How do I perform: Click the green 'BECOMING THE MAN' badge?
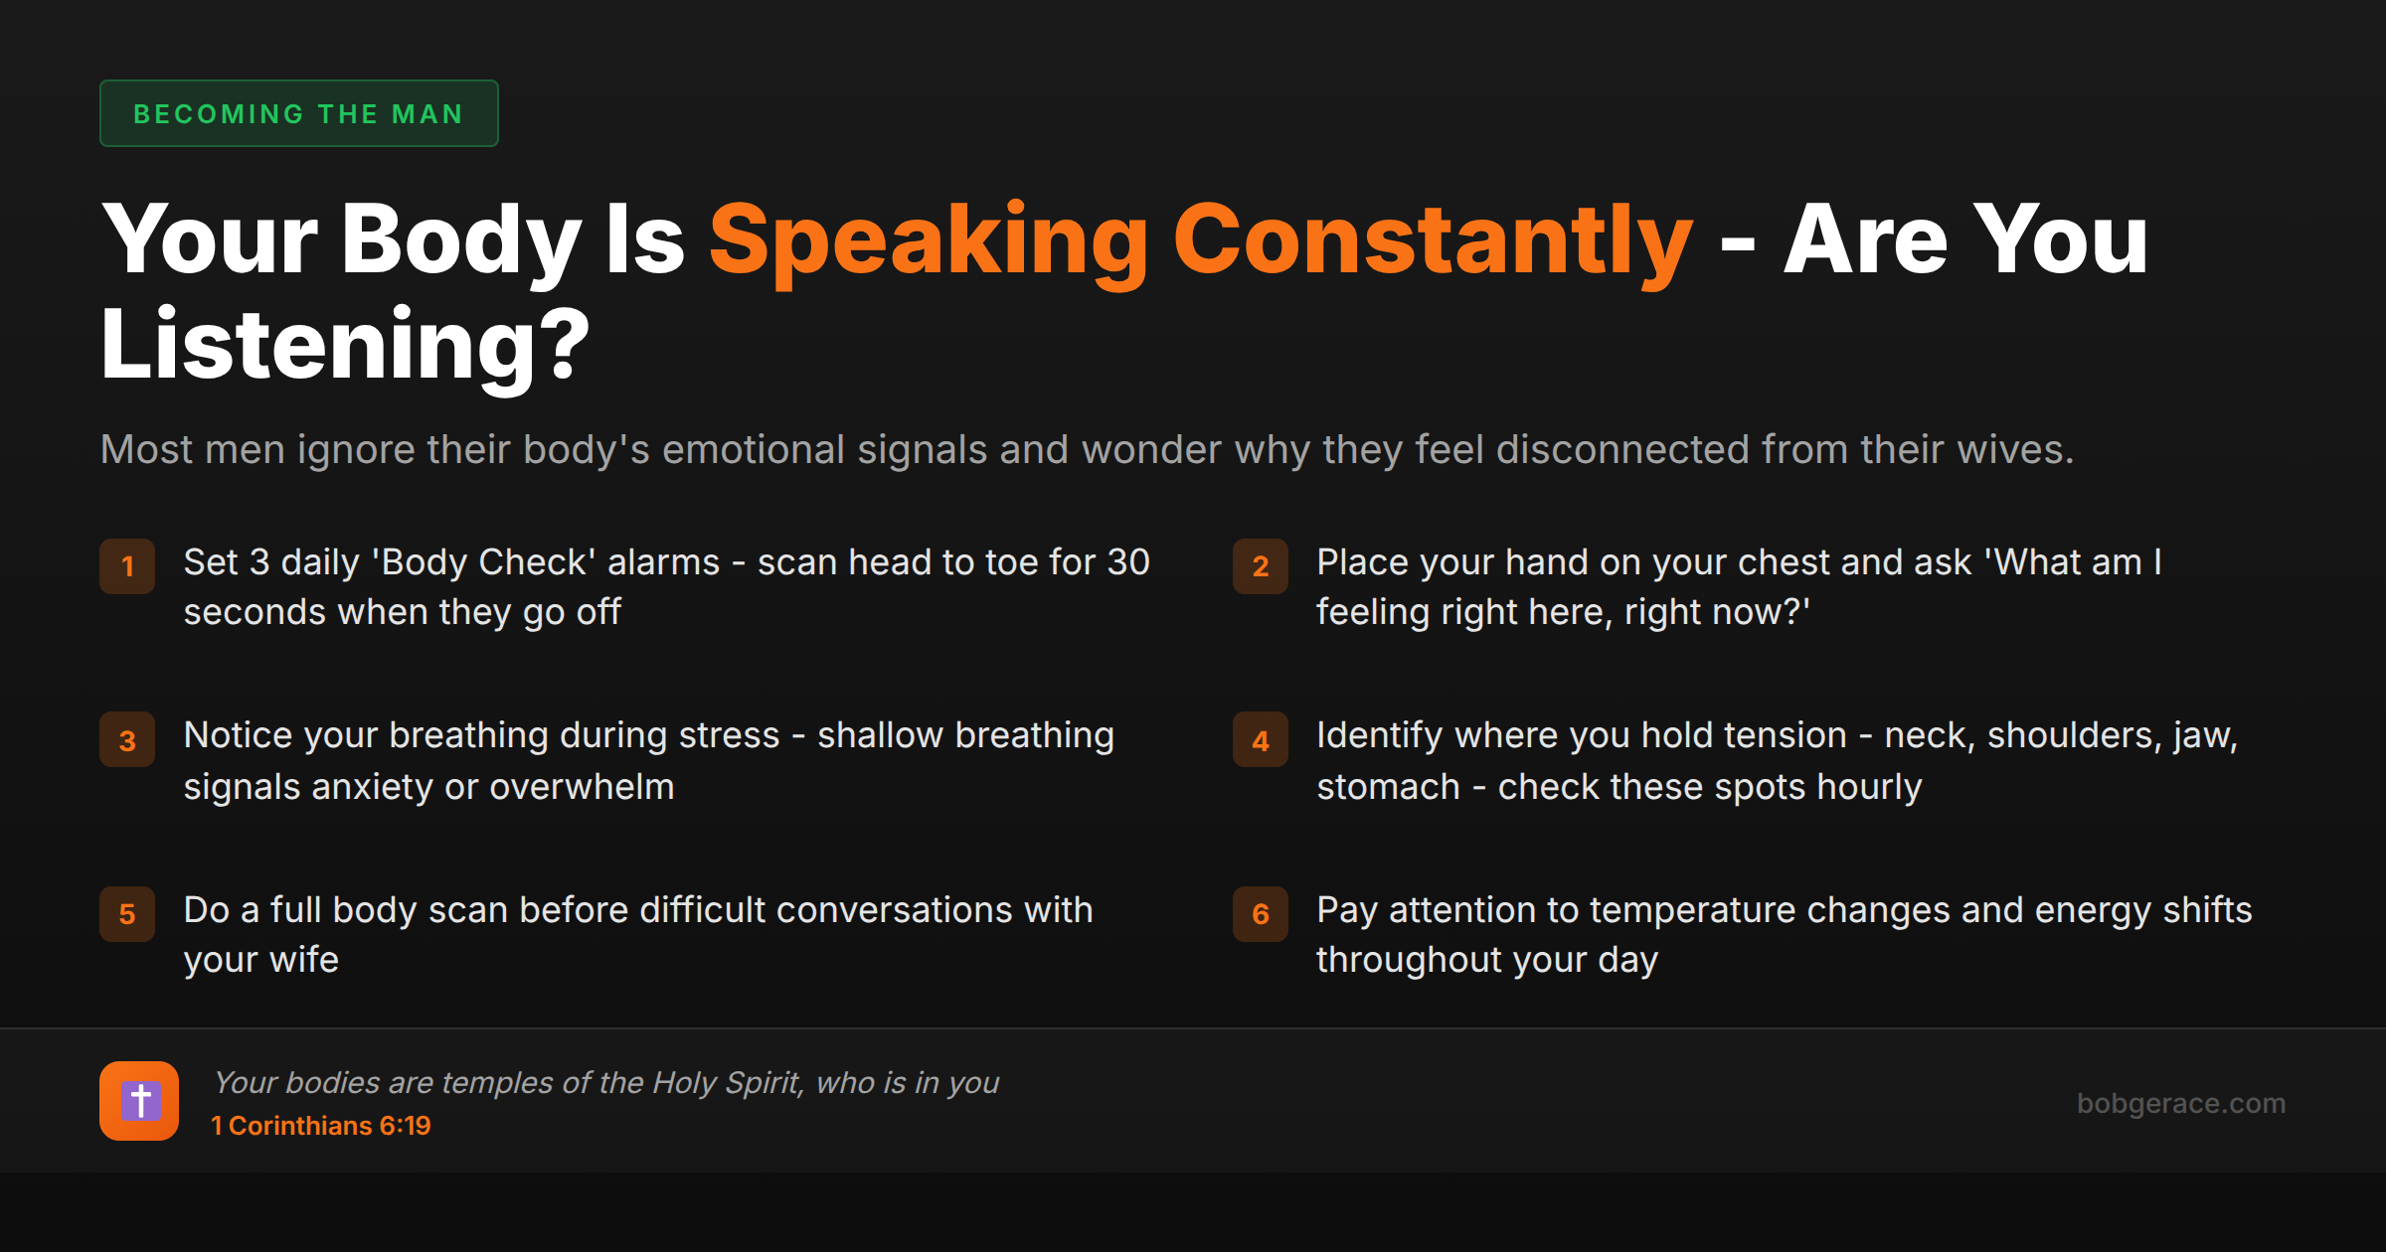tap(298, 113)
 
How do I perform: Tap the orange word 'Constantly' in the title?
tap(1433, 240)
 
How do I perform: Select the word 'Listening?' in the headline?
tap(345, 345)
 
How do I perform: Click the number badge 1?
tap(127, 566)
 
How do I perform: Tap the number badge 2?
tap(1260, 566)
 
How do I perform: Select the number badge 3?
tap(127, 740)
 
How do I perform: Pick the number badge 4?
tap(1260, 740)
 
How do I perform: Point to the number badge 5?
tap(127, 914)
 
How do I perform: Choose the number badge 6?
tap(1260, 914)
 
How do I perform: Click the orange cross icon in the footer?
tap(139, 1101)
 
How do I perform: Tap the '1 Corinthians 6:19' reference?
tap(321, 1126)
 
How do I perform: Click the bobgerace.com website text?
tap(2180, 1103)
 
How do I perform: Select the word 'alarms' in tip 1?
tap(663, 562)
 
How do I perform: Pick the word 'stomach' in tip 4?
tap(1388, 787)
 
